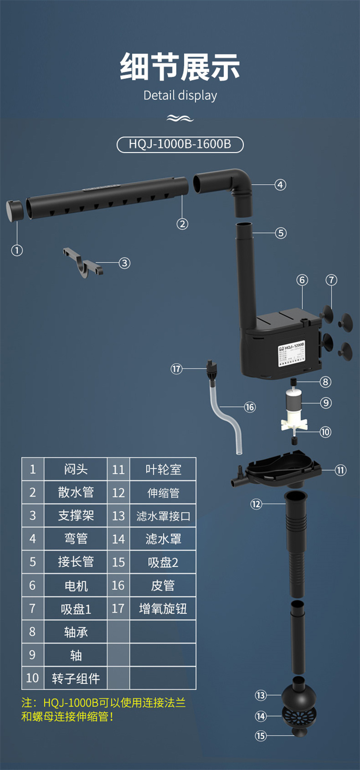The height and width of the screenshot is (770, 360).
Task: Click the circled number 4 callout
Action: pyautogui.click(x=280, y=185)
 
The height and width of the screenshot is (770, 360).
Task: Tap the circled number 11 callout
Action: pyautogui.click(x=341, y=470)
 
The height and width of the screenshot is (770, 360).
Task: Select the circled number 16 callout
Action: pyautogui.click(x=250, y=407)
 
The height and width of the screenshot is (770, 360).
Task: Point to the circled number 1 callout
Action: pyautogui.click(x=17, y=250)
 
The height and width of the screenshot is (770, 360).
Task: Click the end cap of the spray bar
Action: pyautogui.click(x=14, y=211)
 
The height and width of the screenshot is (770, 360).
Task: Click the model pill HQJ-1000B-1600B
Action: pyautogui.click(x=180, y=144)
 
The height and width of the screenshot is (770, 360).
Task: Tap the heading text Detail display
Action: pyautogui.click(x=180, y=95)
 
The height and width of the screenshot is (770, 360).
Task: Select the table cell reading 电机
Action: pyautogui.click(x=75, y=586)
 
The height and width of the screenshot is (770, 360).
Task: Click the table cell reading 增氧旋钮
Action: pyautogui.click(x=163, y=609)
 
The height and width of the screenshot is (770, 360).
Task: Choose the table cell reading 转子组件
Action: pyautogui.click(x=75, y=678)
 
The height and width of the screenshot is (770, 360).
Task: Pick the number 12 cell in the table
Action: pyautogui.click(x=119, y=493)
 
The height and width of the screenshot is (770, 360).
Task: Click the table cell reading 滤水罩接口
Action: pyautogui.click(x=163, y=516)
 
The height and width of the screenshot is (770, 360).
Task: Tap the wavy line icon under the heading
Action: pyautogui.click(x=180, y=118)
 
